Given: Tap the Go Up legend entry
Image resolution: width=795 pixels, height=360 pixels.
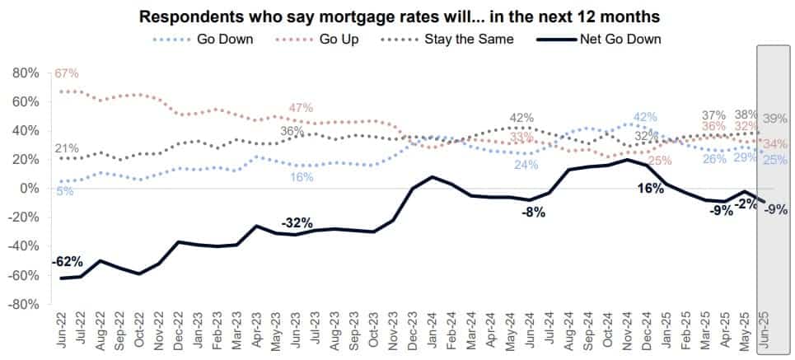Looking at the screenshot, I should click(x=339, y=38).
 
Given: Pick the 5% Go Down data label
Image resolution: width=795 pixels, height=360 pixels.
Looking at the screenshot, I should click(x=65, y=191).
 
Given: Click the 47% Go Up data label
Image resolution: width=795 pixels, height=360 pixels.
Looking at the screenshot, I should click(x=301, y=108).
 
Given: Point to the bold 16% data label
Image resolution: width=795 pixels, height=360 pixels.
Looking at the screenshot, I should click(x=652, y=189).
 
